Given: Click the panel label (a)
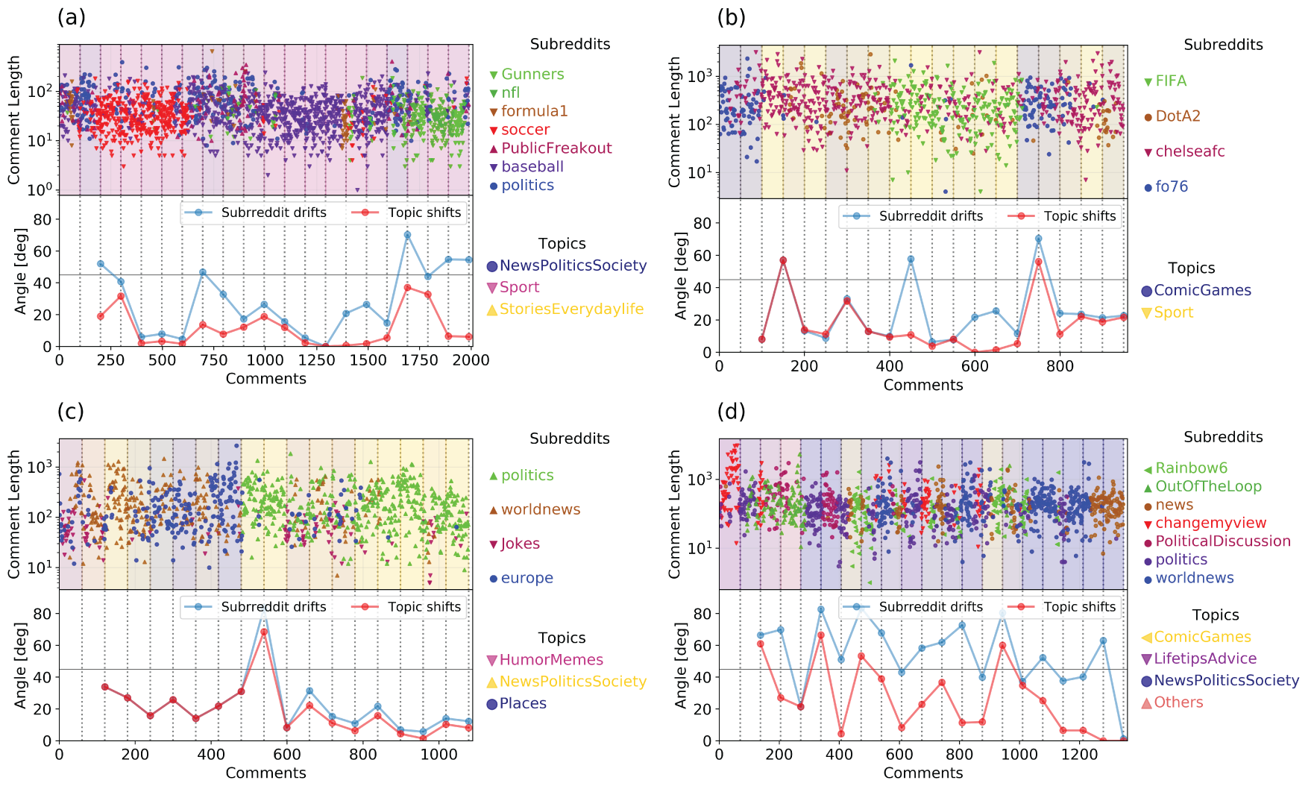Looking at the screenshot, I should tap(72, 17).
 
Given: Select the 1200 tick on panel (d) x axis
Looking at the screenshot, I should tap(1081, 754).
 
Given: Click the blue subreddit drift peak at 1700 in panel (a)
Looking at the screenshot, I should tap(407, 235).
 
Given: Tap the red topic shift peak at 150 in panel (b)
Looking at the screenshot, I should tap(783, 260).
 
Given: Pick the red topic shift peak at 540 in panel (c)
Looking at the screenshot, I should tap(264, 632).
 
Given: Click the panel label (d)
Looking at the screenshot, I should tap(731, 412).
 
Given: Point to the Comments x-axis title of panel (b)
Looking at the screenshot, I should tap(923, 385).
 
